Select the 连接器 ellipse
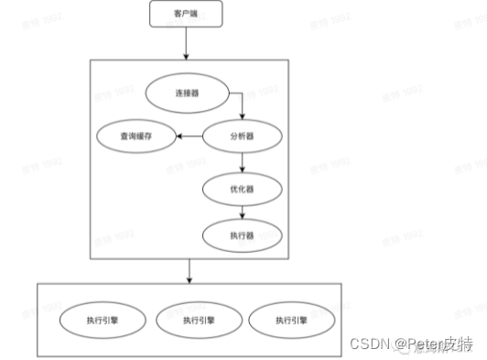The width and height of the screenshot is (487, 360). tap(186, 93)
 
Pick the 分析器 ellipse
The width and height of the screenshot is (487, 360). tap(242, 136)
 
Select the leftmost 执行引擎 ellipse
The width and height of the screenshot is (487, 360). tap(98, 320)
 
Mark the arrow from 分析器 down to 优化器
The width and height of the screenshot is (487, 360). tap(242, 162)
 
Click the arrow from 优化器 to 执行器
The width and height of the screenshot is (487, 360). tap(242, 212)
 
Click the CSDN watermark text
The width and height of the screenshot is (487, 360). tap(367, 344)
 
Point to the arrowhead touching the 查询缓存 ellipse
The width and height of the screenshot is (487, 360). tap(179, 136)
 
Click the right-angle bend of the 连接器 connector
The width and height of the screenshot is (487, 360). tap(241, 93)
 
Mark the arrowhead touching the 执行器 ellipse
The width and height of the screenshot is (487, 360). tap(242, 217)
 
